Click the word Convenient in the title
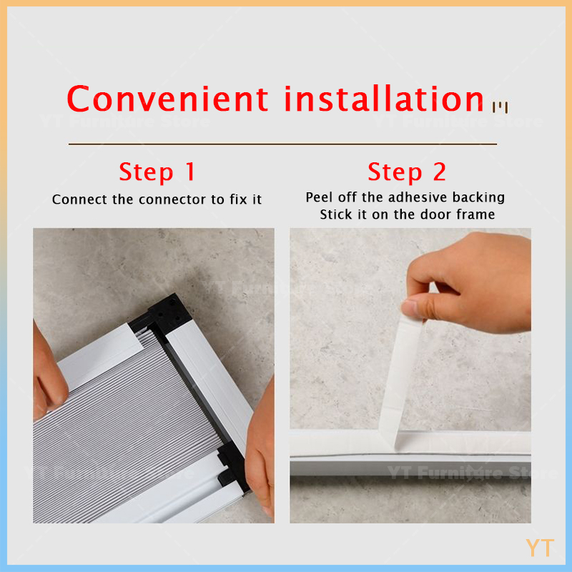tap(168, 99)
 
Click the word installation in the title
tap(385, 99)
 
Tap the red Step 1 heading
tap(157, 172)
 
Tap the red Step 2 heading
tap(406, 172)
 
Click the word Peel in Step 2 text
tap(319, 197)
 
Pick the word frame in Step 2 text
tap(473, 214)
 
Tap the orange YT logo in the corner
tap(540, 548)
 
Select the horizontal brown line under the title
tap(282, 144)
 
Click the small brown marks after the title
tap(500, 108)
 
